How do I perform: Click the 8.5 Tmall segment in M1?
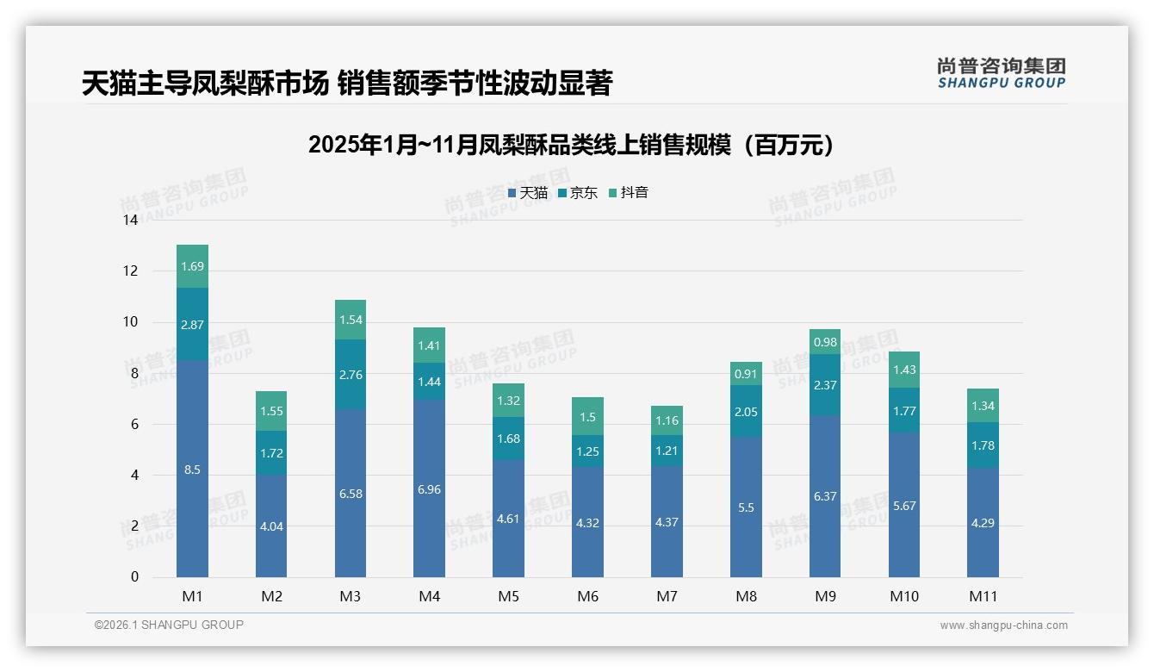pos(192,470)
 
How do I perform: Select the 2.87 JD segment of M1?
pos(192,324)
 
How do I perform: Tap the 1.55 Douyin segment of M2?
pos(271,412)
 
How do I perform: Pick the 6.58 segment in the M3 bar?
pos(351,493)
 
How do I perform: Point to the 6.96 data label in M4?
pos(429,489)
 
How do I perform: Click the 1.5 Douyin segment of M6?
pos(587,417)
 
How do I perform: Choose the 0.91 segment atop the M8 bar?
pos(746,374)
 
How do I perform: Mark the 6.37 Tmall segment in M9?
pos(825,496)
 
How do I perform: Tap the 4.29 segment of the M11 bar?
pos(983,522)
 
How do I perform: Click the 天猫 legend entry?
pos(528,193)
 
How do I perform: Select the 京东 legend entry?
pos(578,193)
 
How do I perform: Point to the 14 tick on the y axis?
pos(130,221)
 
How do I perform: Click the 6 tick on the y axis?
pos(133,424)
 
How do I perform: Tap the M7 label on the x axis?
pos(667,596)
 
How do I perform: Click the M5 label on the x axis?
pos(508,596)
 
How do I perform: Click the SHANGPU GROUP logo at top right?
pos(1001,73)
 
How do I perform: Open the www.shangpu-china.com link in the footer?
pos(1003,625)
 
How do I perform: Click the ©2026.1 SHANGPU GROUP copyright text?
pos(169,625)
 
